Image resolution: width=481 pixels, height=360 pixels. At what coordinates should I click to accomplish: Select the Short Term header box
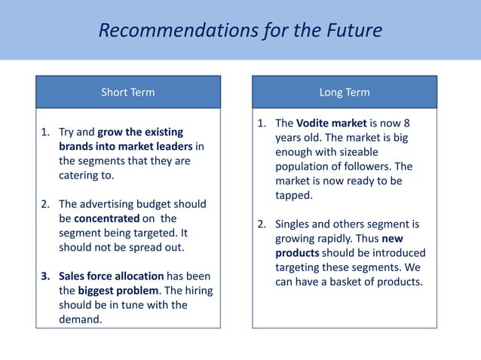(x=128, y=93)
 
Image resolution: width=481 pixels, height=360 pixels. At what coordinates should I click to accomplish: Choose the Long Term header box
(x=345, y=93)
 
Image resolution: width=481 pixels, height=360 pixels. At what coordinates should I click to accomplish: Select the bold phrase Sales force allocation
(x=110, y=276)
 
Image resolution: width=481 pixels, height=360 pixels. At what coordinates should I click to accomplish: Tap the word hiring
(x=176, y=290)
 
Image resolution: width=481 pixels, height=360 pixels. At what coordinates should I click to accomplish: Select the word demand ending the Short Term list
(x=80, y=319)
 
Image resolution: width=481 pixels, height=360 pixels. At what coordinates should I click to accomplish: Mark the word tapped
(x=293, y=195)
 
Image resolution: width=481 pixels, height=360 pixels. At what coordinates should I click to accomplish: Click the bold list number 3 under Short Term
(x=44, y=276)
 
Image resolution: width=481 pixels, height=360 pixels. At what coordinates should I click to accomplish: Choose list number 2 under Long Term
(x=262, y=224)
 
